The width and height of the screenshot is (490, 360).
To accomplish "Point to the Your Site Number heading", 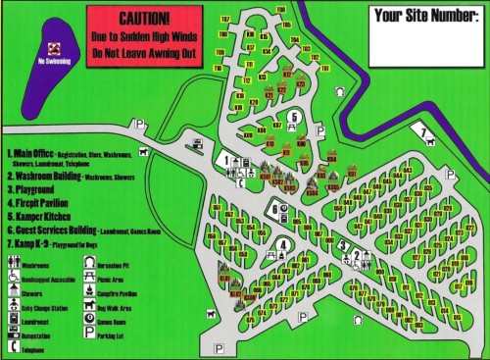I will [x=422, y=15].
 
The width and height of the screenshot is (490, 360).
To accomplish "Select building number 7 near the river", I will [x=422, y=130].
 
